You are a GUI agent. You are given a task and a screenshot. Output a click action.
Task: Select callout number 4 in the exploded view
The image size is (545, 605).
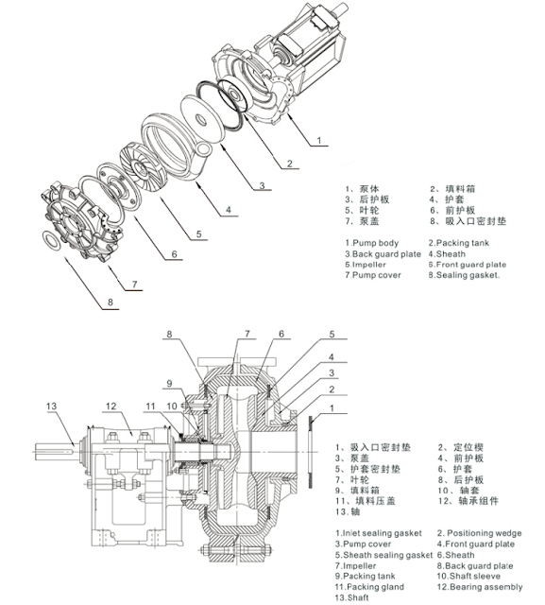(229, 208)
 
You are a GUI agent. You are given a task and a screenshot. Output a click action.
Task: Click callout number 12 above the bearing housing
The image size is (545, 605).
(111, 406)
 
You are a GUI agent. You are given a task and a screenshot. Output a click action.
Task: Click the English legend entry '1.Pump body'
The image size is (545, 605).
(374, 242)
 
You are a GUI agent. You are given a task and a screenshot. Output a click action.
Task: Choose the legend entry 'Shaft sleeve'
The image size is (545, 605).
(475, 574)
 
